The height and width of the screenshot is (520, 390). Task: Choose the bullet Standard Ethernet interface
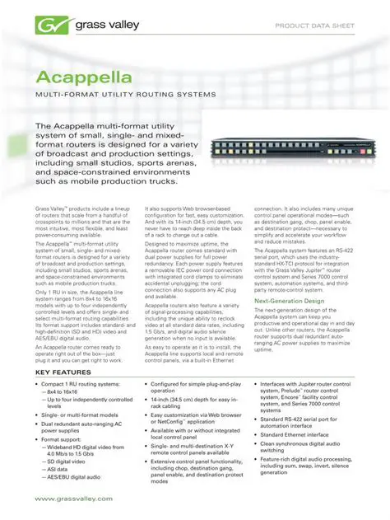pos(295,434)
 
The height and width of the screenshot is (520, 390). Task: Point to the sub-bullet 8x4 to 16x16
pos(70,391)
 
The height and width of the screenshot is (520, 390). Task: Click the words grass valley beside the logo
pos(91,26)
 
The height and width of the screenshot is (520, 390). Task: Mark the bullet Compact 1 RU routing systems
pos(83,384)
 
